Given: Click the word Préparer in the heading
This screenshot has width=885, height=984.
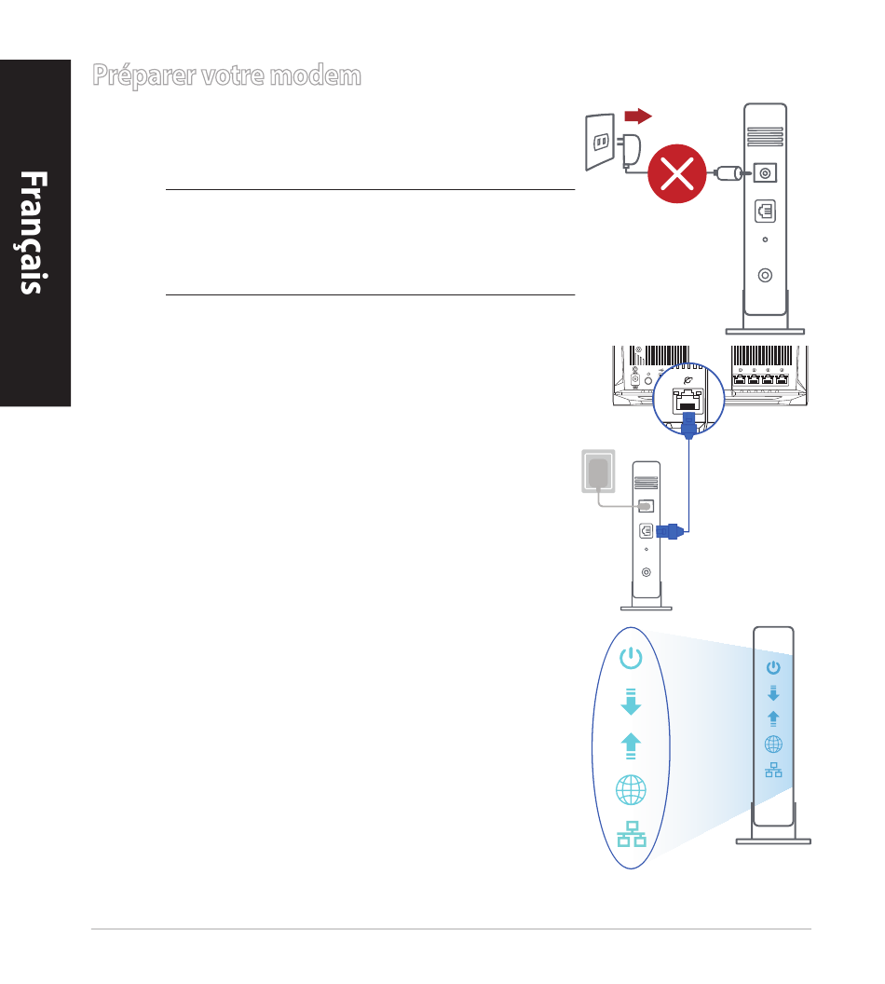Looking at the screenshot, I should [144, 76].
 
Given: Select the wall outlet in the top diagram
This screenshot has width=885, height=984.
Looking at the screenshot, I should [600, 143].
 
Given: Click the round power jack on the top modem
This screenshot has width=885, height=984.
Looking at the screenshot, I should [766, 173].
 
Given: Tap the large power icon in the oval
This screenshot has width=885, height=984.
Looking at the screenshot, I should [631, 659].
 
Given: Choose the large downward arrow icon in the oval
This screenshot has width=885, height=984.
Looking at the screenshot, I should [631, 701].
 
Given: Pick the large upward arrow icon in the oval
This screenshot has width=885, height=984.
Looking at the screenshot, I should [631, 745].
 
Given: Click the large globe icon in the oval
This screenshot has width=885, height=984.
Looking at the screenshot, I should [631, 790].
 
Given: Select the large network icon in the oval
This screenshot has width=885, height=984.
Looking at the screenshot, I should [631, 834].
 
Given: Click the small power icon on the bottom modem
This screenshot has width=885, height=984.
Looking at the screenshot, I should [773, 667].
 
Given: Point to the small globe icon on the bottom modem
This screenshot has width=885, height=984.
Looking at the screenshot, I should [773, 744].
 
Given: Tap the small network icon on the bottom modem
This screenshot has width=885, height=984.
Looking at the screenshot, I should [773, 771].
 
